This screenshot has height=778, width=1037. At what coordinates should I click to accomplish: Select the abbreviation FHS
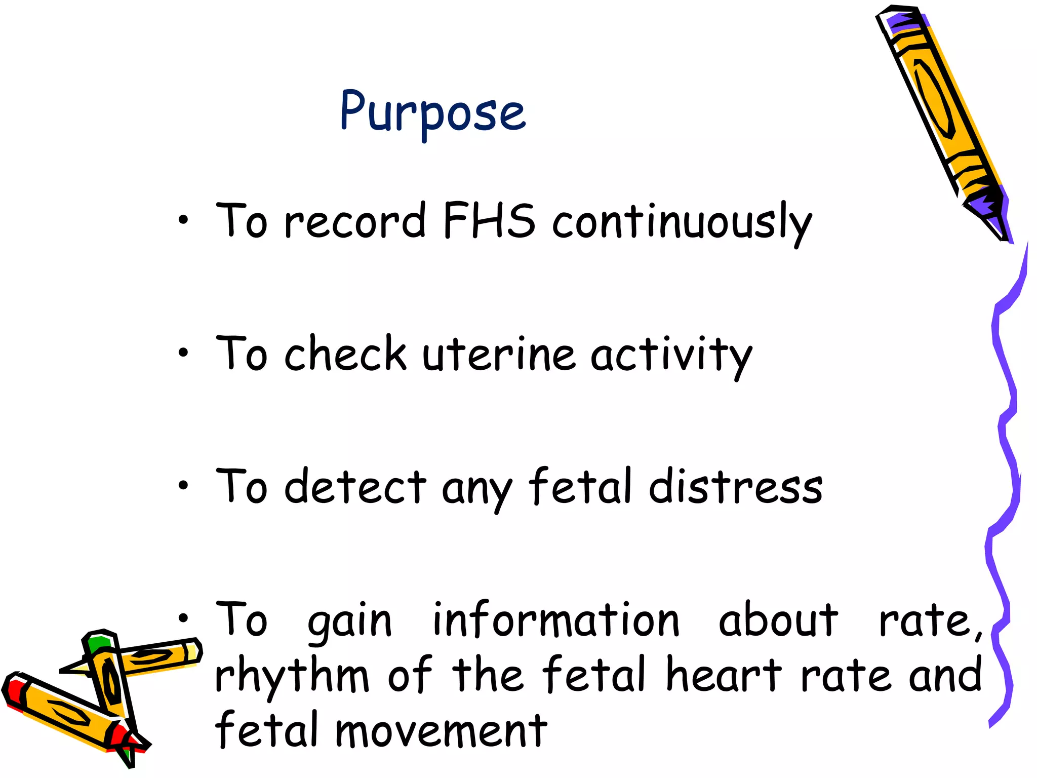(x=489, y=221)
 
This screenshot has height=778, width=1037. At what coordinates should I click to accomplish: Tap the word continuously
(x=682, y=223)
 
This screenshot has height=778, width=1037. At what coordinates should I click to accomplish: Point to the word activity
(x=671, y=356)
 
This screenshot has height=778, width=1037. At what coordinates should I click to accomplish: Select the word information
(x=556, y=621)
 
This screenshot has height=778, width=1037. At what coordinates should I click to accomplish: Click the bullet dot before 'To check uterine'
(x=183, y=353)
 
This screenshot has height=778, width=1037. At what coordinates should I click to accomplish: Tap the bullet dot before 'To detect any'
(x=183, y=485)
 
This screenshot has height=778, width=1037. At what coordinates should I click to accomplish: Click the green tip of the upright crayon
(x=97, y=644)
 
